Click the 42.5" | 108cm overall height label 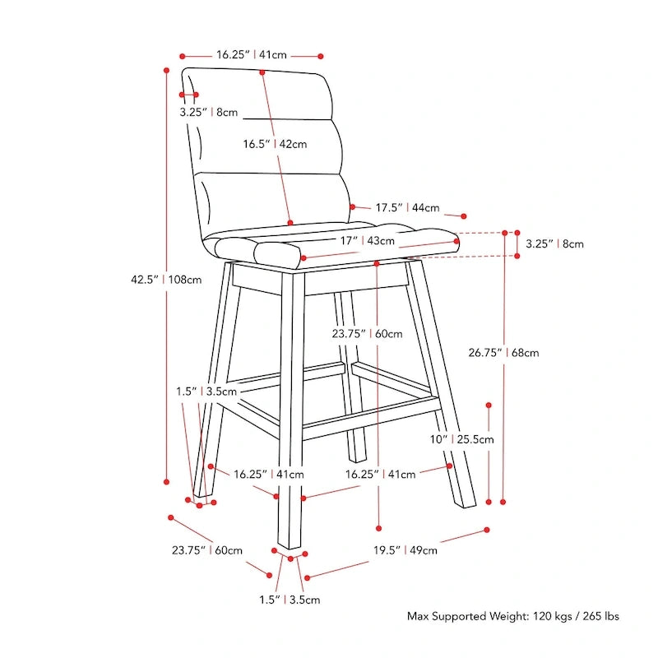[x=166, y=279]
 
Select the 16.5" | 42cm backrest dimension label [x=275, y=144]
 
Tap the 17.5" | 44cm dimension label [x=407, y=208]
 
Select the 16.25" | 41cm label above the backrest [x=251, y=55]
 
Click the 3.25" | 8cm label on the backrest [x=209, y=112]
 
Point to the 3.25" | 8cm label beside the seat [x=554, y=243]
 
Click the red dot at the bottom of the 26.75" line [x=504, y=500]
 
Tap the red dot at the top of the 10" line [x=489, y=405]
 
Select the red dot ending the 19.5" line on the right [x=487, y=530]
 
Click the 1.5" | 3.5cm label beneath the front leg [x=290, y=600]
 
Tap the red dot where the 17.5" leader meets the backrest [x=351, y=206]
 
